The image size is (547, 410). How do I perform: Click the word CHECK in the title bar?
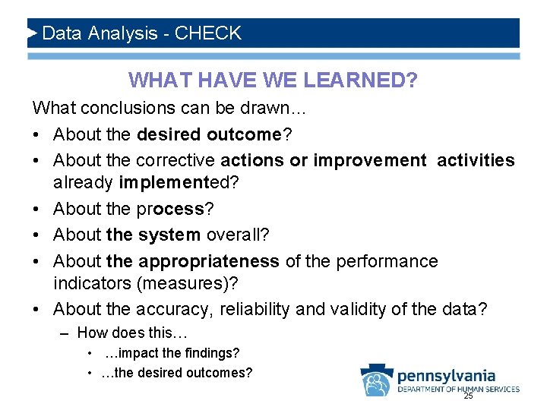pos(207,33)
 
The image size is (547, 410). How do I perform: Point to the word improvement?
pos(370,160)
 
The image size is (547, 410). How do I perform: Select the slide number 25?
pos(468,396)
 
